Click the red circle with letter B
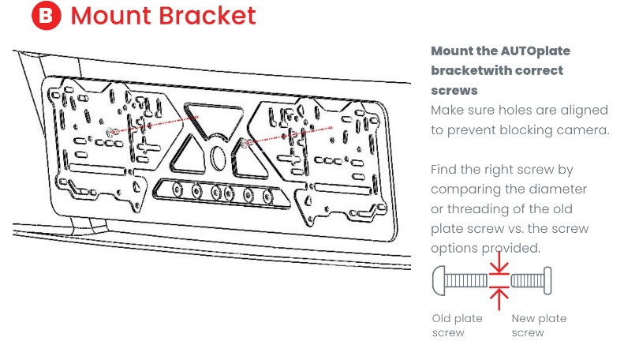(x=47, y=16)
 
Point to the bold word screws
(x=454, y=91)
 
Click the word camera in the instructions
(x=582, y=130)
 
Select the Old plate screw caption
(x=458, y=325)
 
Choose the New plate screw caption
(x=539, y=325)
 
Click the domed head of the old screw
(x=440, y=281)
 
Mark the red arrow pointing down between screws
(x=499, y=268)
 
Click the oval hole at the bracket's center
(x=219, y=155)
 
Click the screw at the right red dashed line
(x=248, y=143)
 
